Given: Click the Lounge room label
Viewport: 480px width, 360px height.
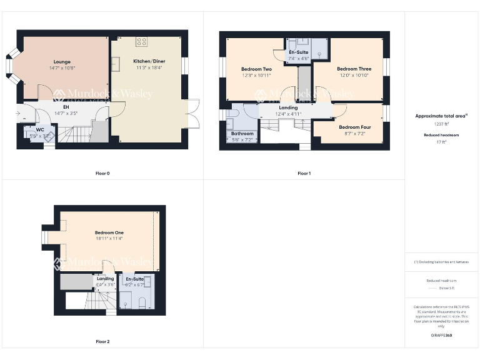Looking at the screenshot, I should [62, 62].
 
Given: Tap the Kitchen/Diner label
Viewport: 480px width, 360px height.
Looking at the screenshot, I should [147, 61].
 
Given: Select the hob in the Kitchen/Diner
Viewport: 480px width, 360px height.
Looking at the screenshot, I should [142, 42].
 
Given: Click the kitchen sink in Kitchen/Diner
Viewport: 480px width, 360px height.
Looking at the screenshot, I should [116, 63].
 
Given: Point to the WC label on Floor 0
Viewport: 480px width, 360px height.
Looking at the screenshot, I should [40, 130].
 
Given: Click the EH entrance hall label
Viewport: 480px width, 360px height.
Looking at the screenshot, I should [66, 107].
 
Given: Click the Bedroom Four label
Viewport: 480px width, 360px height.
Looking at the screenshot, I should [355, 127].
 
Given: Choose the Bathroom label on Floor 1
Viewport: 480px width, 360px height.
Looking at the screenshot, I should [242, 134].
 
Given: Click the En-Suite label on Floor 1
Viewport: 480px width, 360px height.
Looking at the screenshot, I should [298, 52].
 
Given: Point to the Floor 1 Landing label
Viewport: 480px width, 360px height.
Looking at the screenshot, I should [288, 107].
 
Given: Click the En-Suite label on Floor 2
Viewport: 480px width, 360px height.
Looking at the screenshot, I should [135, 279].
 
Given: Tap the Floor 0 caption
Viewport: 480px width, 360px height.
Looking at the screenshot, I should [101, 173].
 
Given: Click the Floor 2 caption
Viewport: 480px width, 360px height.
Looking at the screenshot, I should [102, 342].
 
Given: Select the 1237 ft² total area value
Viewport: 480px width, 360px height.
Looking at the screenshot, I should [441, 124].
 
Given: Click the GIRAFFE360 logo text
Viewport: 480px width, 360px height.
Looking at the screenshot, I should [441, 336].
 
